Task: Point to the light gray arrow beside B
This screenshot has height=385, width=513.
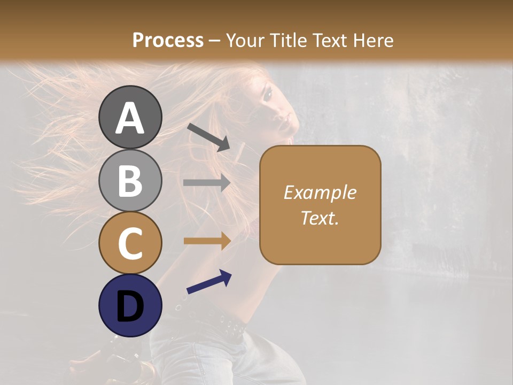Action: click(207, 183)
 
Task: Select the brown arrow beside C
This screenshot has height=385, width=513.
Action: click(207, 241)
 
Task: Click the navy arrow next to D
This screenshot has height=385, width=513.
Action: click(209, 282)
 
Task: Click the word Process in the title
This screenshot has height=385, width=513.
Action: click(168, 40)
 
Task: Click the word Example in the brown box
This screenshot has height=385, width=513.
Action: click(320, 192)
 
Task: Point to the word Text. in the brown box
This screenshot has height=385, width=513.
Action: click(320, 218)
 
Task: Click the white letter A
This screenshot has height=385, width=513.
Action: click(130, 118)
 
